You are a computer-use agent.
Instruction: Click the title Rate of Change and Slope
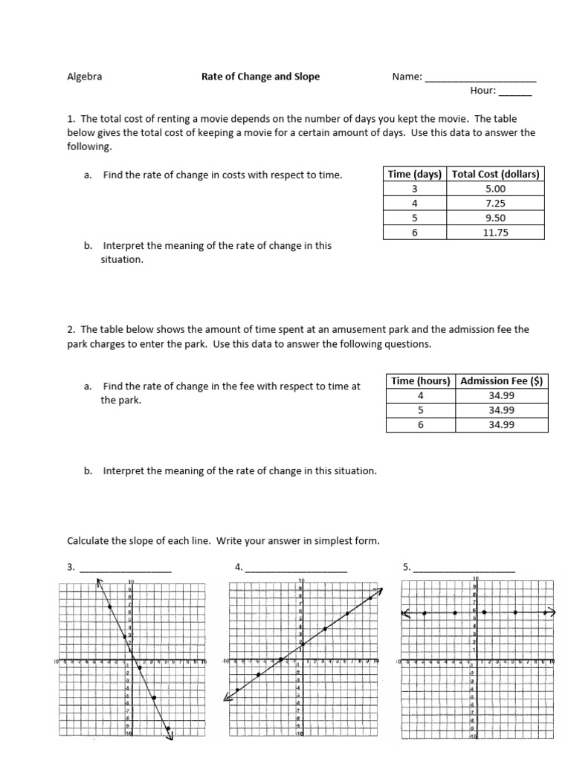click(x=260, y=77)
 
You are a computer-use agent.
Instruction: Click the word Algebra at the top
click(x=85, y=77)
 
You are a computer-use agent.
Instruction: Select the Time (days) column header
click(x=415, y=174)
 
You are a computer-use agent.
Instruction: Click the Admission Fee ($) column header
click(x=502, y=380)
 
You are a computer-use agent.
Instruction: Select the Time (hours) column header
click(x=421, y=380)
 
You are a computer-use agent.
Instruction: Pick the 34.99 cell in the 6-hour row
click(x=502, y=424)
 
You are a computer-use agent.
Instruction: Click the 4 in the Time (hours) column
click(x=421, y=395)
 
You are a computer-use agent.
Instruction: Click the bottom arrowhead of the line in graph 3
click(x=171, y=736)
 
